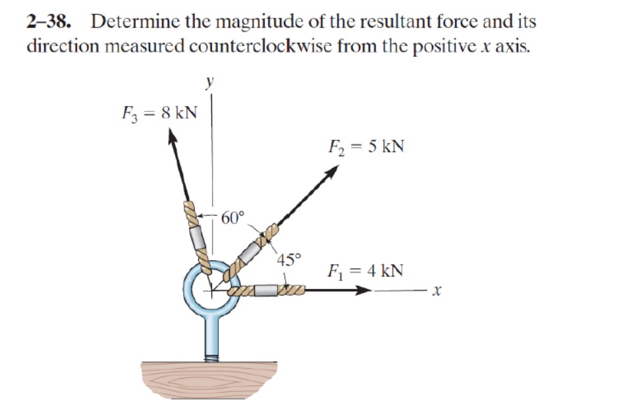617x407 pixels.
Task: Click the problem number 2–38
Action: pos(48,21)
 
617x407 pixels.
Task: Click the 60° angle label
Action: pos(232,217)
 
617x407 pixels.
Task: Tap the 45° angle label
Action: pos(289,258)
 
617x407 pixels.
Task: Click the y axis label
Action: pos(209,82)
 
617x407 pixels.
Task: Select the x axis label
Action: pos(435,290)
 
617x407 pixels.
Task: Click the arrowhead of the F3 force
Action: pos(173,137)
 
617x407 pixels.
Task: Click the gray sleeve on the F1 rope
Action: pos(266,290)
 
